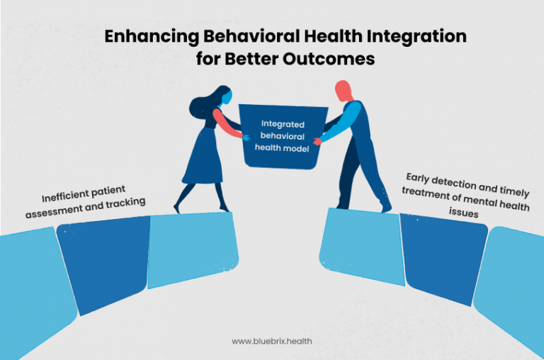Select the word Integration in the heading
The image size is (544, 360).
(x=409, y=38)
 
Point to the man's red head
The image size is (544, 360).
(x=342, y=90)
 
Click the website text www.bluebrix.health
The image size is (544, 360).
(x=272, y=341)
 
